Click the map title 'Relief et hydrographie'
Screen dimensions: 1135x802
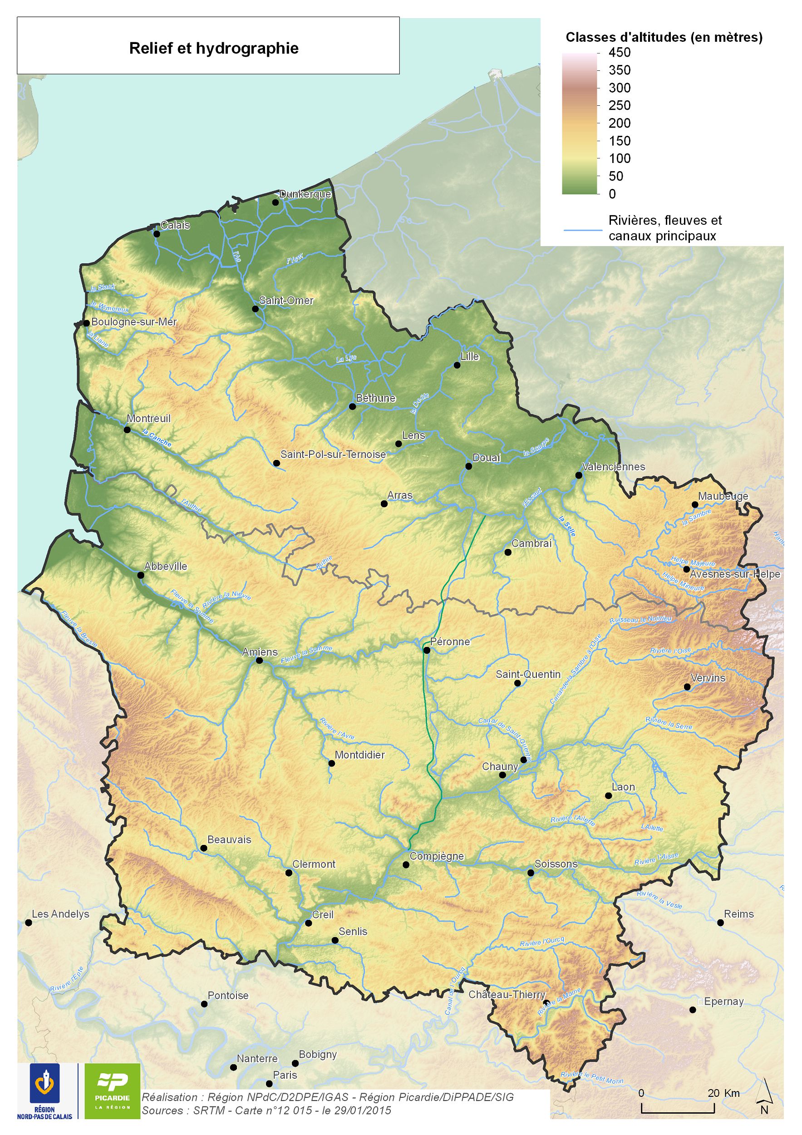pos(213,49)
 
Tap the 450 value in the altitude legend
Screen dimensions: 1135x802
pos(619,52)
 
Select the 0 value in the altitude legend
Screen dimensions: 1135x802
pos(612,194)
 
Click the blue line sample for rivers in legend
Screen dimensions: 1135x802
pos(583,230)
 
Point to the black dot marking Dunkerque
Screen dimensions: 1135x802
pos(275,202)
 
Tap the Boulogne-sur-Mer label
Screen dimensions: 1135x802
pos(134,322)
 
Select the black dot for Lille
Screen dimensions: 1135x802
pos(457,365)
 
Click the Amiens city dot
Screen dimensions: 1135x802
pos(260,660)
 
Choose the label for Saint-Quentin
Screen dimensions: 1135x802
pos(528,674)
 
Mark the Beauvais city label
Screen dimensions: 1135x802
pos(229,839)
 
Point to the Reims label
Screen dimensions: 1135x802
pos(739,914)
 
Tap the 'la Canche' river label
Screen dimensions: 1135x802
pos(157,438)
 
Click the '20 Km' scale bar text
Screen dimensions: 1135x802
pos(723,1093)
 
